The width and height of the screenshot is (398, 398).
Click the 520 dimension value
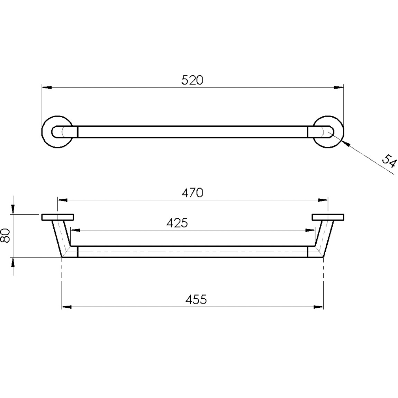[x=192, y=80]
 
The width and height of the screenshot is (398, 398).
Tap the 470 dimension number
[x=192, y=193]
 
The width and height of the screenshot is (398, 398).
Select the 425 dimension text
[x=177, y=223]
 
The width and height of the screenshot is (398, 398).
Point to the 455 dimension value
[x=196, y=299]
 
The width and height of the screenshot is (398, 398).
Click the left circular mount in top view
[x=57, y=132]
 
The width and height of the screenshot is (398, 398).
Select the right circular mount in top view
[x=329, y=132]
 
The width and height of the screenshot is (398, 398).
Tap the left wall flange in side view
[x=57, y=217]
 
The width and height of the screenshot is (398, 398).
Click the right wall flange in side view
[x=328, y=217]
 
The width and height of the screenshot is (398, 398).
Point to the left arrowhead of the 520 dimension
[x=46, y=87]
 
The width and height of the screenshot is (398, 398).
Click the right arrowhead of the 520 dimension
[x=339, y=87]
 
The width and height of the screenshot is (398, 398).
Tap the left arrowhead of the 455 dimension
[x=66, y=307]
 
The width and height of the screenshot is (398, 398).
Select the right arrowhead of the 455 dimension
[x=318, y=307]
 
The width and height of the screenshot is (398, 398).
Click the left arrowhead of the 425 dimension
[x=75, y=230]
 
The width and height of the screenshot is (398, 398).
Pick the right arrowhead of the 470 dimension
[x=323, y=200]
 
